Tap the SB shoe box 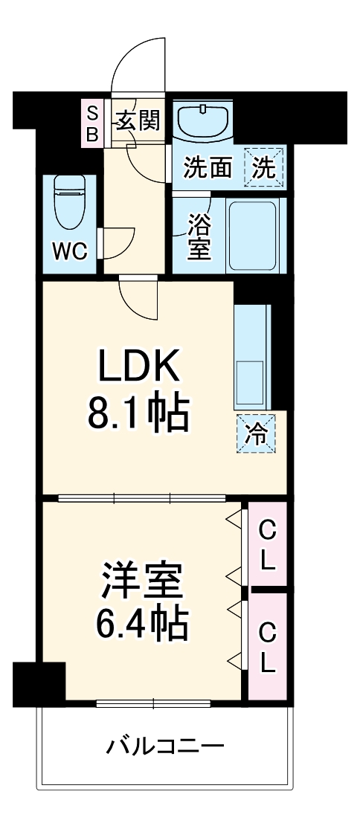tap(92, 123)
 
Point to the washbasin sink tap(202, 121)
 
